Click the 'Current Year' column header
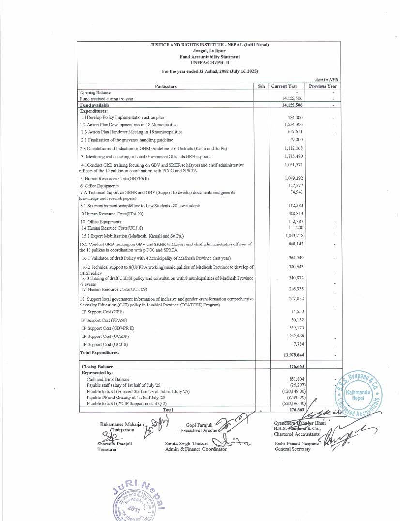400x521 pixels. click(284, 86)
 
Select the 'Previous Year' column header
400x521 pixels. click(323, 86)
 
